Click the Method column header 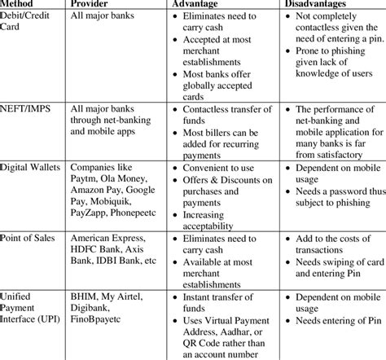20,5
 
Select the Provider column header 93,5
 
